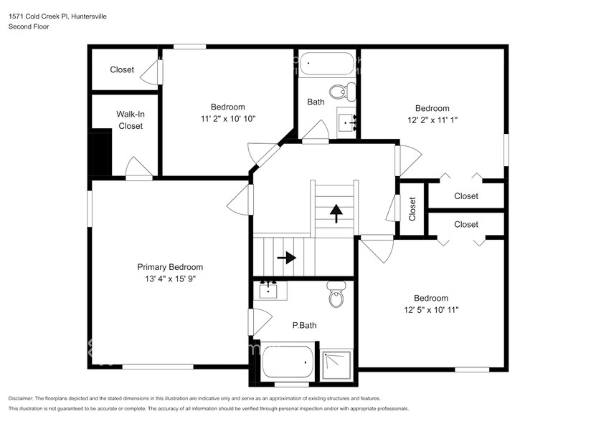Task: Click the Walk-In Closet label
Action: tap(131, 120)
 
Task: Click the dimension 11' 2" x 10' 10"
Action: tap(227, 119)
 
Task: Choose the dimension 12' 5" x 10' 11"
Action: tap(430, 310)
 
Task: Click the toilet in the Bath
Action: tap(341, 91)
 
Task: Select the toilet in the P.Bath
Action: tap(336, 295)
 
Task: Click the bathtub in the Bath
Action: tap(327, 64)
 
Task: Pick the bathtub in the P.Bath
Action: tap(288, 362)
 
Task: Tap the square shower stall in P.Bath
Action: tap(336, 363)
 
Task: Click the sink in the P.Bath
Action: tap(272, 291)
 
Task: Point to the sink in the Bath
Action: tap(349, 122)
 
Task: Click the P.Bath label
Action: tap(304, 325)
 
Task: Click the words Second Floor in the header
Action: tap(28, 26)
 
